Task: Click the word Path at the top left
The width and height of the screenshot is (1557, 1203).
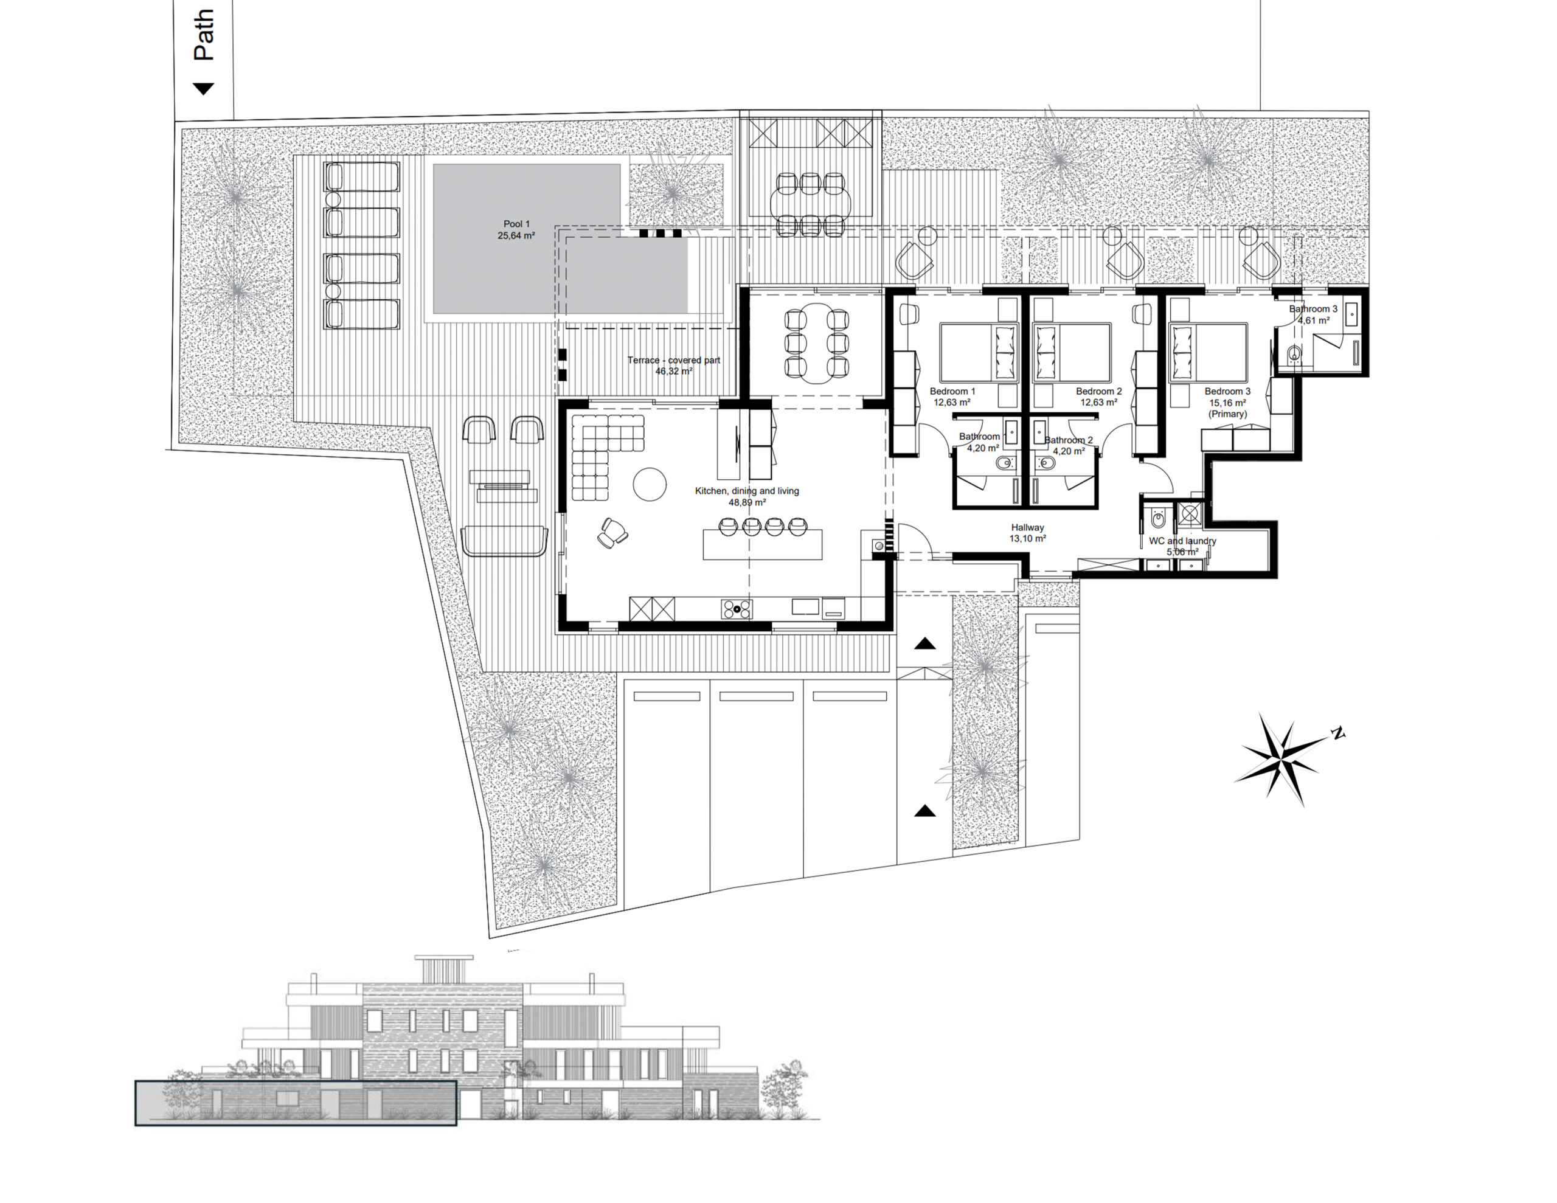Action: click(x=203, y=34)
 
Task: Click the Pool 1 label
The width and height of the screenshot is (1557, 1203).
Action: click(x=516, y=224)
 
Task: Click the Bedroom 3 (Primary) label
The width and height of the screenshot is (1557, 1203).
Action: click(x=1227, y=402)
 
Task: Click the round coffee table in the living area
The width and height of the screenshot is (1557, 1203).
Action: click(x=650, y=484)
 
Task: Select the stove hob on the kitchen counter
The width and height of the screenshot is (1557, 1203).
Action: click(x=737, y=609)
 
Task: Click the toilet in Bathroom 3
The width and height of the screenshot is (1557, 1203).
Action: click(x=1293, y=354)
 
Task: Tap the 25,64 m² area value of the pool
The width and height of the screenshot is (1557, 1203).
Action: click(x=516, y=235)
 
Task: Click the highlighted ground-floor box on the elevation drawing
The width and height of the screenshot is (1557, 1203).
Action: click(x=296, y=1103)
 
